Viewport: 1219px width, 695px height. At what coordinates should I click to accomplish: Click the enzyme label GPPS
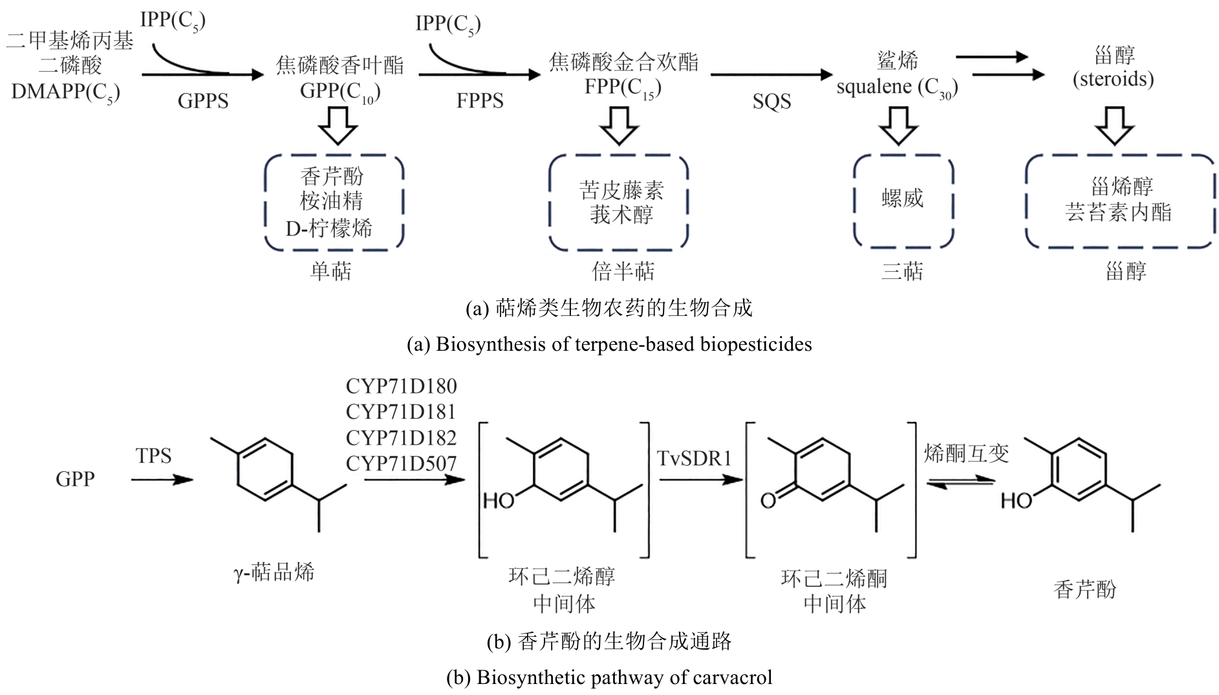point(203,101)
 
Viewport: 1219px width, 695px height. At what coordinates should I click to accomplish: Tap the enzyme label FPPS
point(479,101)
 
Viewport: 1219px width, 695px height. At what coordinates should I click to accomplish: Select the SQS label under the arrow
point(771,101)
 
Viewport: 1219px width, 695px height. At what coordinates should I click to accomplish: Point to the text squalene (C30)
point(897,87)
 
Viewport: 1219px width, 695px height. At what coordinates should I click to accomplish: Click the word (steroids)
point(1113,79)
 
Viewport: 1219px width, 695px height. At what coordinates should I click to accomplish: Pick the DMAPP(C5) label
point(65,92)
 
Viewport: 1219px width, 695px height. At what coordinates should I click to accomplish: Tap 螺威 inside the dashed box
point(902,198)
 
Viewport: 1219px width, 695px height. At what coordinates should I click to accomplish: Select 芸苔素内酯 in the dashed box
point(1118,212)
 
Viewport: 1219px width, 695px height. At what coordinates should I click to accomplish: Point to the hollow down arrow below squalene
point(898,125)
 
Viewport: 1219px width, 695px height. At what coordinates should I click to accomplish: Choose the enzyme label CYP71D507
point(401,463)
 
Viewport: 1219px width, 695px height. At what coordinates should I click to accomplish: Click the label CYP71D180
point(401,386)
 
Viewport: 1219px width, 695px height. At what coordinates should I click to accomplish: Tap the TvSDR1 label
point(695,458)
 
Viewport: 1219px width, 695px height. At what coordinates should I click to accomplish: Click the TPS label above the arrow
point(154,456)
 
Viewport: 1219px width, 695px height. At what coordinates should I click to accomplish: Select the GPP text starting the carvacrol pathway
point(75,479)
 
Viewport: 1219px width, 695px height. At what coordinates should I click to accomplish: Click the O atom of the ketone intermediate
point(768,500)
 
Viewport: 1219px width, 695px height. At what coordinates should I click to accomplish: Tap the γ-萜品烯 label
point(274,572)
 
